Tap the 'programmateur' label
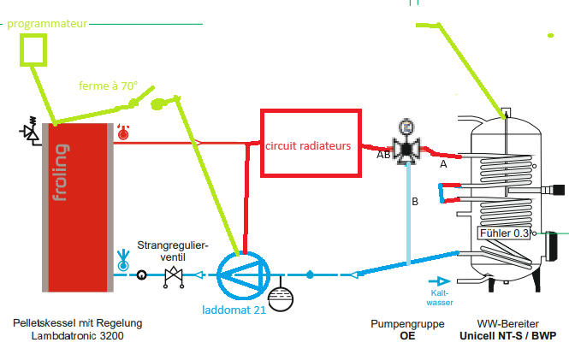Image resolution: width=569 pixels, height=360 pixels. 46,24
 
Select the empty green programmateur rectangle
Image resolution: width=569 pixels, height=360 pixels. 33,51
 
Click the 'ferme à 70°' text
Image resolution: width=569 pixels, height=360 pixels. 108,86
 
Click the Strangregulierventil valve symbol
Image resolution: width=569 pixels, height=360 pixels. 175,274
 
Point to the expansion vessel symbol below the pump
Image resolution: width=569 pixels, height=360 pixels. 280,298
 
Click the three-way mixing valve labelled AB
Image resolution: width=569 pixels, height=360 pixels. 407,149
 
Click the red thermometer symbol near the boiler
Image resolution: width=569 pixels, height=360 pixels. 123,132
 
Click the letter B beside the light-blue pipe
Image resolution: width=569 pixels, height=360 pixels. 415,203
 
